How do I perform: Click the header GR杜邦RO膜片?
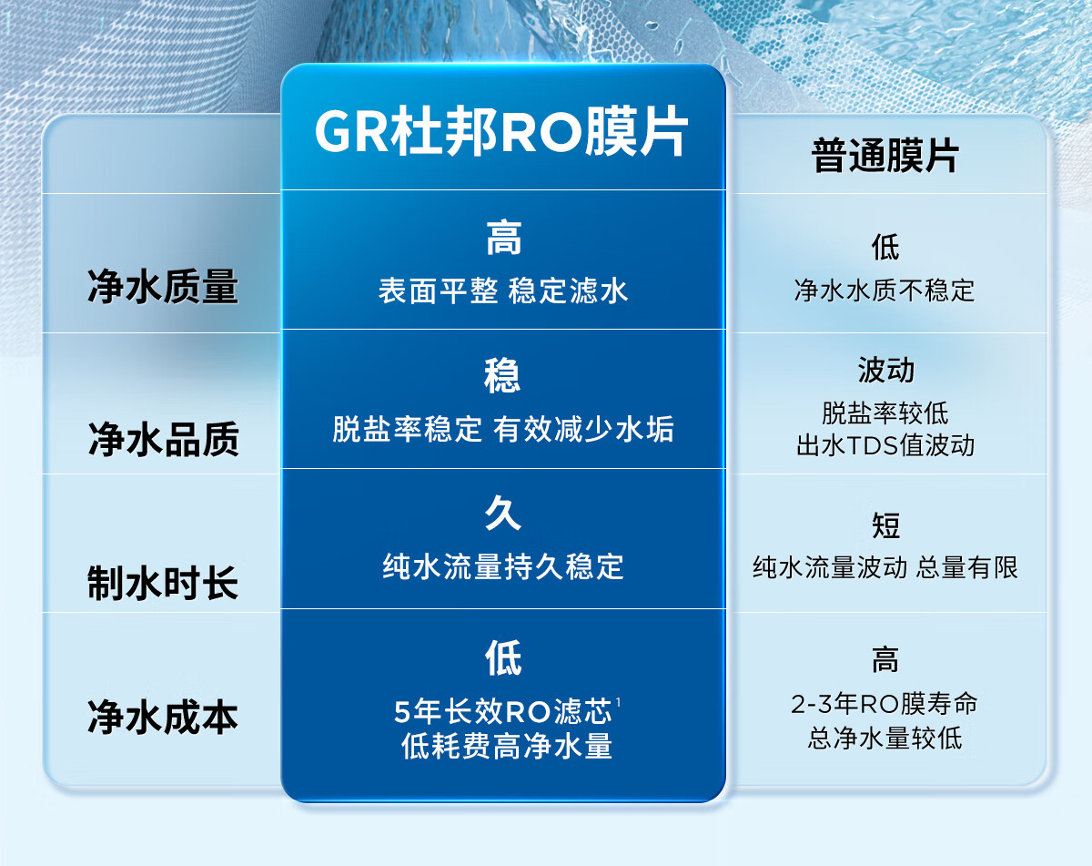click(x=501, y=131)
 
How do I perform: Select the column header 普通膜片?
click(x=885, y=156)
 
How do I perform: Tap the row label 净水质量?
click(x=163, y=287)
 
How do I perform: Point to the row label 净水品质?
click(x=163, y=439)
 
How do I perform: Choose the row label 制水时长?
click(x=163, y=583)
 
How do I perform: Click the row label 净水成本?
click(x=163, y=717)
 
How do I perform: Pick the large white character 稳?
click(x=502, y=375)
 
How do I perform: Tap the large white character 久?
click(x=503, y=513)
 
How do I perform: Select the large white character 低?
click(x=503, y=657)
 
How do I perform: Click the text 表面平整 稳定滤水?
click(x=503, y=291)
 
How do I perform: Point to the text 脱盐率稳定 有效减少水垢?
click(x=503, y=429)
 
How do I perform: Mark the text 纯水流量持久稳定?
click(x=503, y=566)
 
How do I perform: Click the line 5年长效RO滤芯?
click(x=503, y=711)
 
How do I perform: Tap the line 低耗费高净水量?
click(x=507, y=746)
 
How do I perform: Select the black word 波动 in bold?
click(x=886, y=370)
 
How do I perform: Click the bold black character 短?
click(x=885, y=525)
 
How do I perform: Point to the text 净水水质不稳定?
click(x=885, y=291)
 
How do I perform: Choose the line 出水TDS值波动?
click(x=885, y=445)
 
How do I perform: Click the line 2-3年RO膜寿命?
click(x=885, y=705)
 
